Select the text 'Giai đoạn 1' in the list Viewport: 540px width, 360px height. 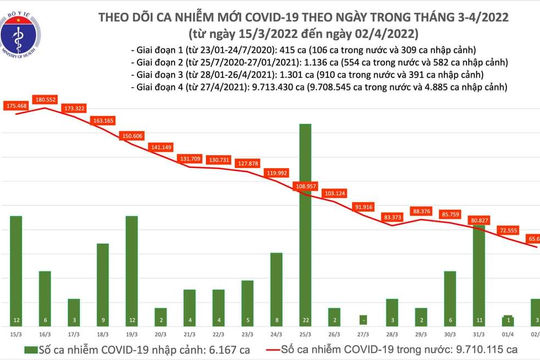click(x=151, y=48)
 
